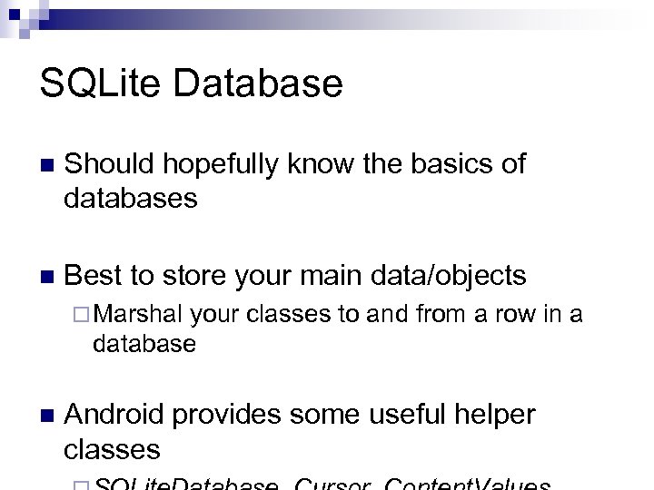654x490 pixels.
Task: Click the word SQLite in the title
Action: click(99, 83)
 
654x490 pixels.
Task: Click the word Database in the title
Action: click(256, 83)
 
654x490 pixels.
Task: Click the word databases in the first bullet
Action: click(130, 198)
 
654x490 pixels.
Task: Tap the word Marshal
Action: click(140, 314)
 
